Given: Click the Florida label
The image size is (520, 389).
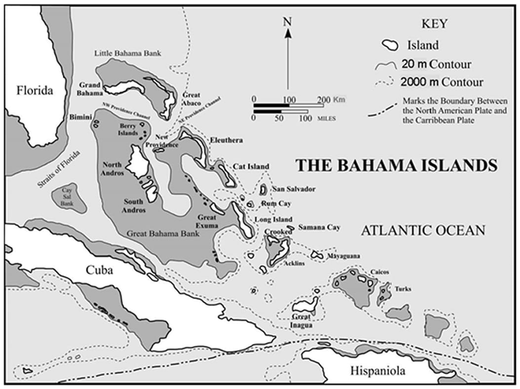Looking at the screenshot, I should (34, 90).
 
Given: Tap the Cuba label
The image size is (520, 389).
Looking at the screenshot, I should (100, 270).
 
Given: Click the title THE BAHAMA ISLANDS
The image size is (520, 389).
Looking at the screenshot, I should (396, 165).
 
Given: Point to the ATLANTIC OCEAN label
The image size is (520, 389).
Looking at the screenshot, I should (423, 230).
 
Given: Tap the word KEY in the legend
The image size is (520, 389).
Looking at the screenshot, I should (435, 24).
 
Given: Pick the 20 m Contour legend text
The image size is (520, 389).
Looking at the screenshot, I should (436, 64).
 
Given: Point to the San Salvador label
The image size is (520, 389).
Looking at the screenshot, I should (294, 189).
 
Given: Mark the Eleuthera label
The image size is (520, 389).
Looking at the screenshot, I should (226, 140).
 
